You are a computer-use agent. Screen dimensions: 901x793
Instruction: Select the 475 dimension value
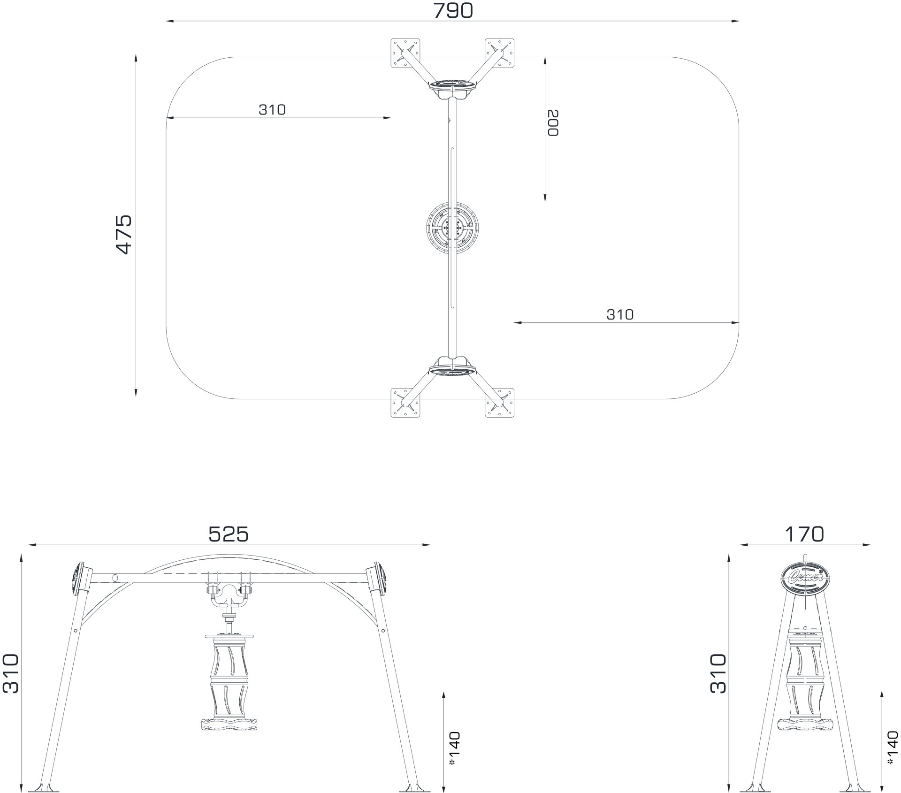pos(124,235)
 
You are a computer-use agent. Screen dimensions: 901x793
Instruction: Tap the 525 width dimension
pos(228,534)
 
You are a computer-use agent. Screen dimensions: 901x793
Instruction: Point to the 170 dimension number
pos(804,534)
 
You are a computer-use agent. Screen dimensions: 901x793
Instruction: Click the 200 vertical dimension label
pos(553,123)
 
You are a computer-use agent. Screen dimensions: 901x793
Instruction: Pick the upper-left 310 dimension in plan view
pos(272,109)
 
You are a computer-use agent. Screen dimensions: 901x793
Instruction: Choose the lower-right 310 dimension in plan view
pos(620,314)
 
